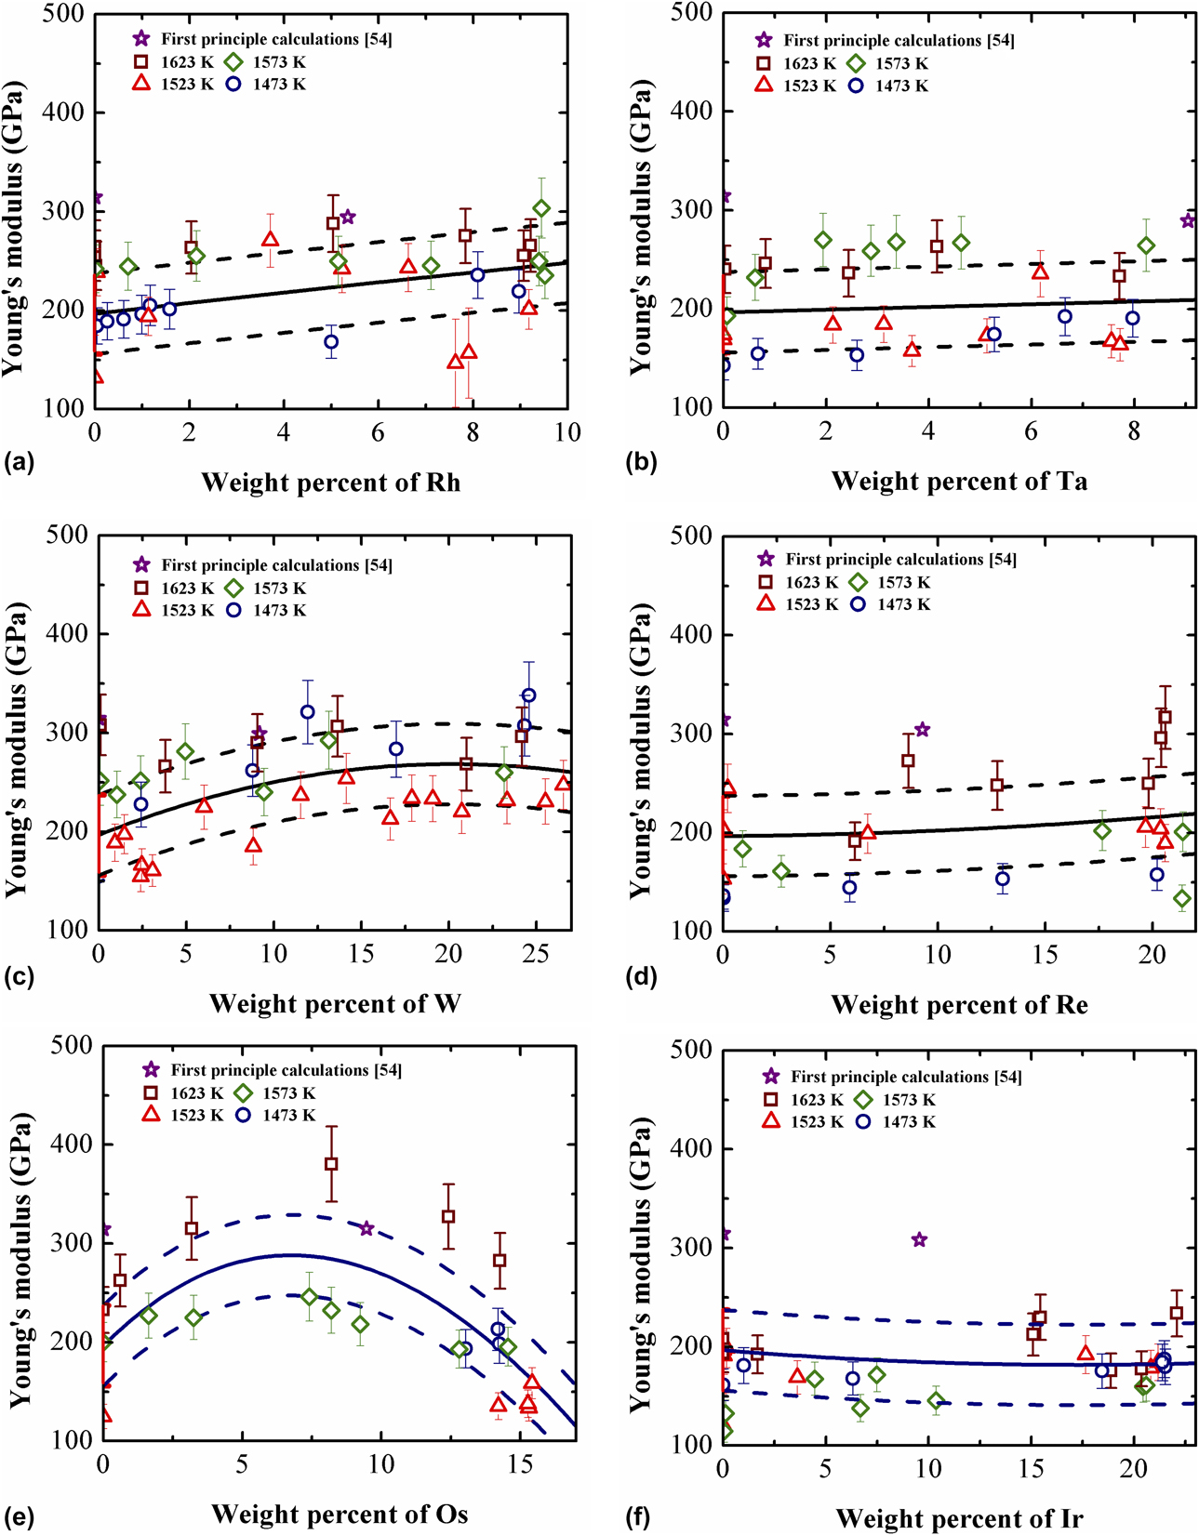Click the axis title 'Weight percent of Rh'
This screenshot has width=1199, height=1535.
pyautogui.click(x=330, y=483)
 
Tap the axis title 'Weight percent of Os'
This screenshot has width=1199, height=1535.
pyautogui.click(x=340, y=1514)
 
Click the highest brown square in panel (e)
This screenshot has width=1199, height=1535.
pyautogui.click(x=331, y=1164)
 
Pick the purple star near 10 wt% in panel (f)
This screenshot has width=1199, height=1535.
pyautogui.click(x=919, y=1239)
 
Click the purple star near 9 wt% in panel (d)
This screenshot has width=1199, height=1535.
pyautogui.click(x=922, y=730)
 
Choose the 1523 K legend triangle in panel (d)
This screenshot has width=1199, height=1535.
pyautogui.click(x=766, y=603)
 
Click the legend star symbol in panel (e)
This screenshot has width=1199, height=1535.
pyautogui.click(x=151, y=1070)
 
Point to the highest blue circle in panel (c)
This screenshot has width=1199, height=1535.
pyautogui.click(x=528, y=695)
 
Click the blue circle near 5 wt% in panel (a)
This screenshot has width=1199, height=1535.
pyautogui.click(x=331, y=342)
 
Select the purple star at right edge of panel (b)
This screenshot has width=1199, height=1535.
pyautogui.click(x=1188, y=220)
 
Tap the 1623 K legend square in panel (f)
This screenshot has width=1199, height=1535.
pyautogui.click(x=770, y=1099)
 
